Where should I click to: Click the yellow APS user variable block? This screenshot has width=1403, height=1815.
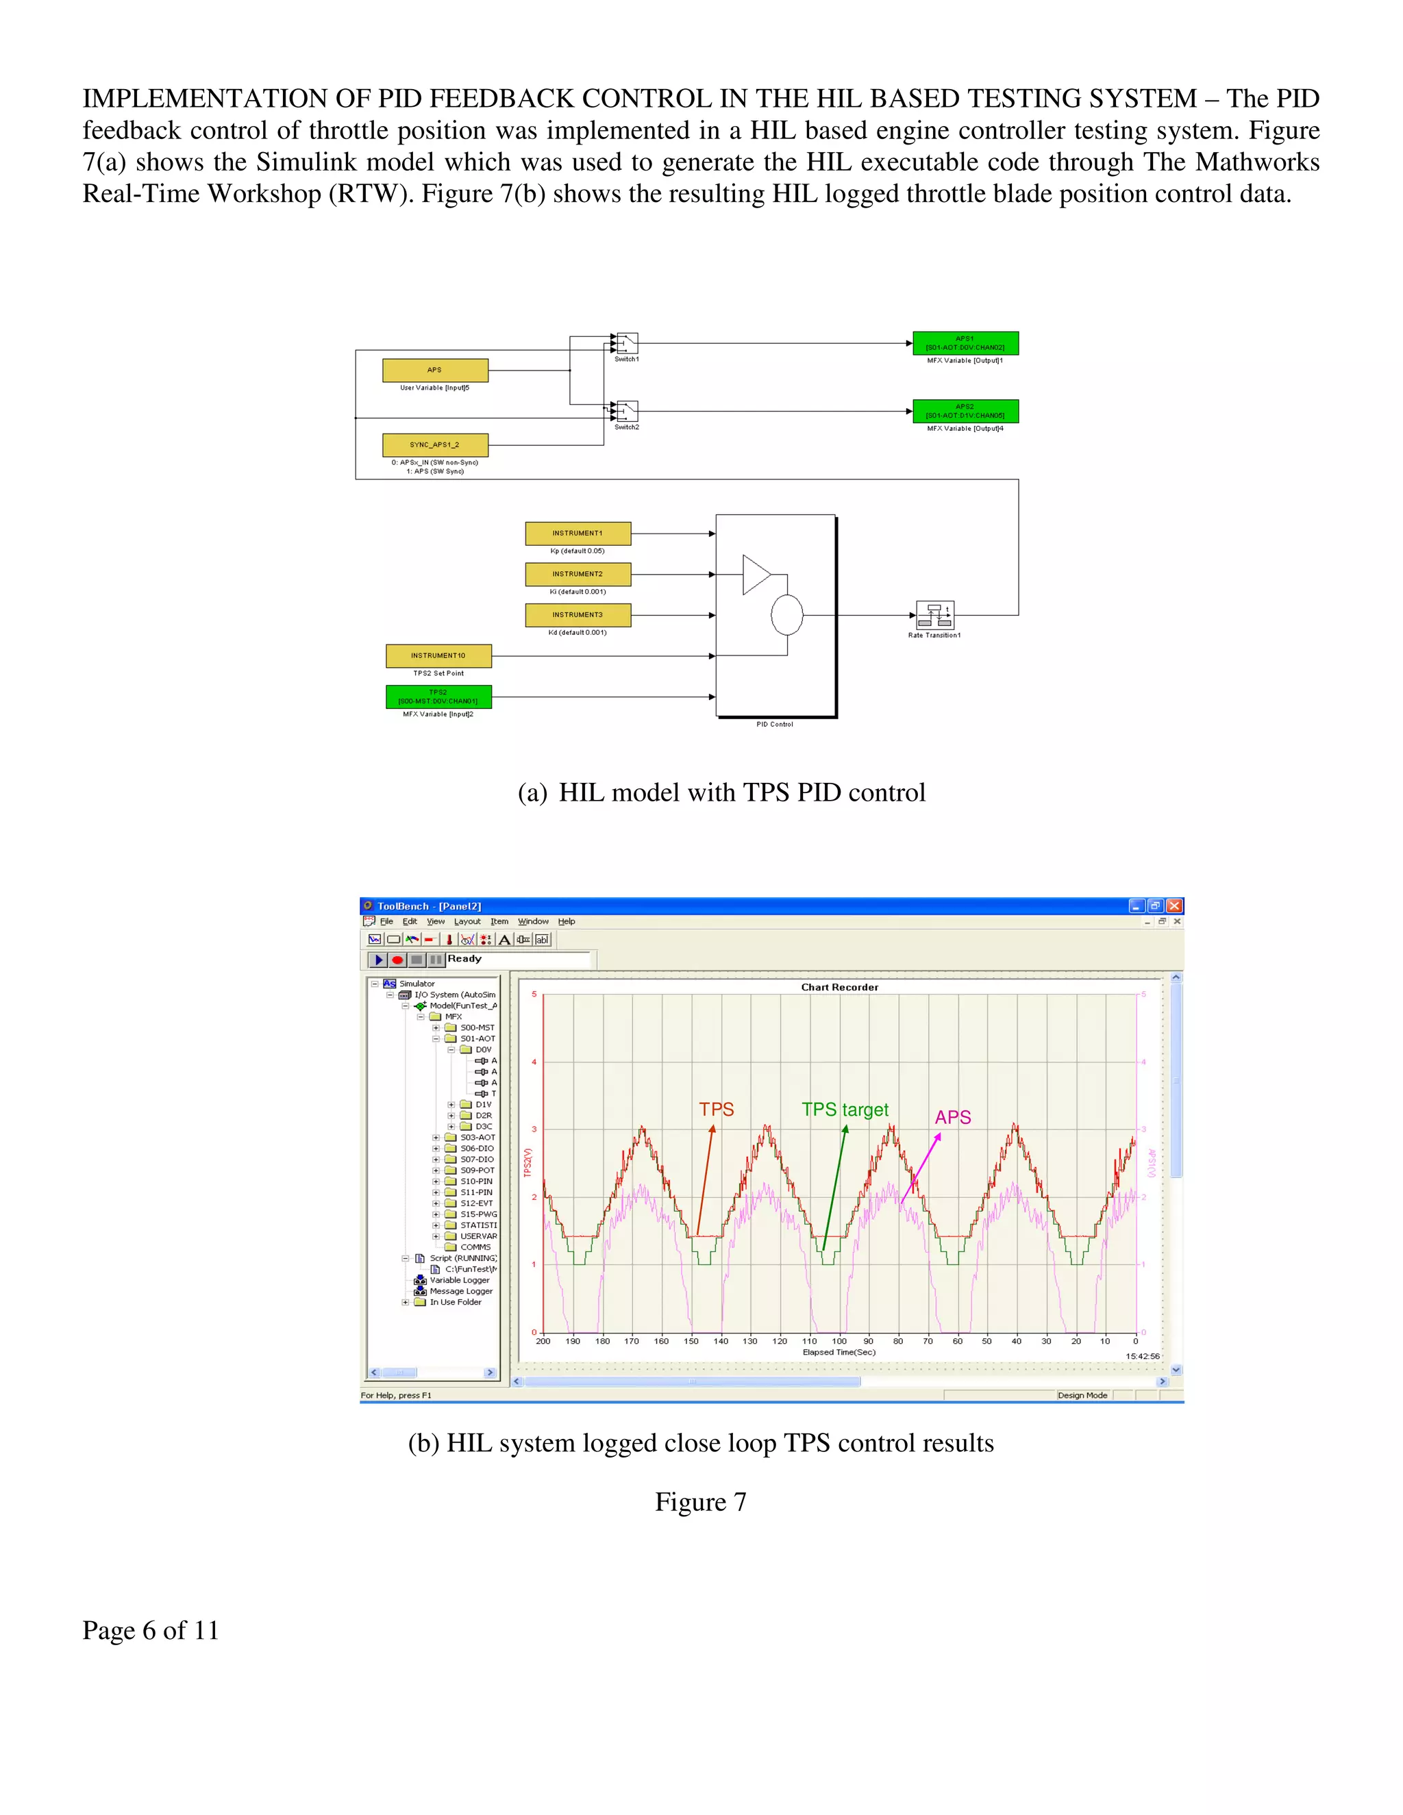pyautogui.click(x=435, y=370)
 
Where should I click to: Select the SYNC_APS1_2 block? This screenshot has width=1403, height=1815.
pyautogui.click(x=435, y=445)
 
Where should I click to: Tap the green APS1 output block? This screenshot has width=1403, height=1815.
pyautogui.click(x=965, y=343)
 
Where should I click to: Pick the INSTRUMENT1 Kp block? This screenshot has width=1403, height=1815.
pyautogui.click(x=578, y=534)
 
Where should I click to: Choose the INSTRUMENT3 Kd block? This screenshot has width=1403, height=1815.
pyautogui.click(x=578, y=615)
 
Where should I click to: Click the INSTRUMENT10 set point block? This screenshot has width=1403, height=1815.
pyautogui.click(x=438, y=655)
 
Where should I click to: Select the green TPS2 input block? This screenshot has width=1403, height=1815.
pyautogui.click(x=438, y=697)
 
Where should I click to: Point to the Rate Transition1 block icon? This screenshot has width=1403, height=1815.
pyautogui.click(x=934, y=615)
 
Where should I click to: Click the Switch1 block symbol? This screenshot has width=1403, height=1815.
pyautogui.click(x=627, y=342)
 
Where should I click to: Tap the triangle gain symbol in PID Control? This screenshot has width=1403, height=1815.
pyautogui.click(x=756, y=574)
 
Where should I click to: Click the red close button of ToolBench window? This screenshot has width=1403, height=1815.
pyautogui.click(x=1174, y=906)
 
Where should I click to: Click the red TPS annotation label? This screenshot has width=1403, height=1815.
pyautogui.click(x=717, y=1110)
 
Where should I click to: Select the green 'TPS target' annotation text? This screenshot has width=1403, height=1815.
pyautogui.click(x=845, y=1110)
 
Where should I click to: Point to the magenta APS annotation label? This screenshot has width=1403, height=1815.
pyautogui.click(x=952, y=1118)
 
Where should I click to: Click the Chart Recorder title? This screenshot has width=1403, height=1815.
pyautogui.click(x=839, y=987)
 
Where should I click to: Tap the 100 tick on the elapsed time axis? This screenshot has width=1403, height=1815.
pyautogui.click(x=839, y=1340)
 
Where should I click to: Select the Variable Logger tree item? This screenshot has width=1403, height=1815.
pyautogui.click(x=459, y=1280)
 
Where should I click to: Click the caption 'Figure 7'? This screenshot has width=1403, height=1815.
pyautogui.click(x=701, y=1502)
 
